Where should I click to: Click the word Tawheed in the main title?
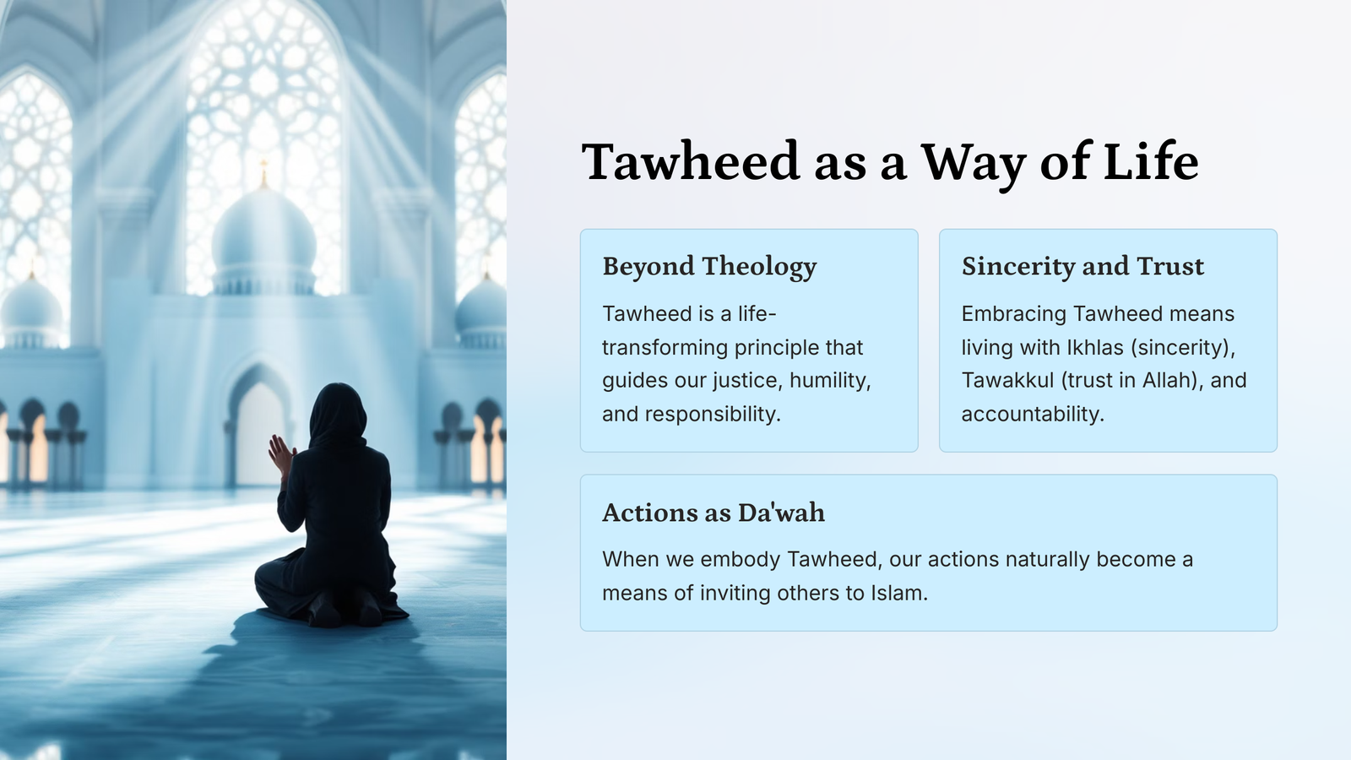[691, 161]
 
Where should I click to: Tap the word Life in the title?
[1151, 161]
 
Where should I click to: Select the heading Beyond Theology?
[709, 267]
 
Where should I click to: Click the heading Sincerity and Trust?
[1082, 266]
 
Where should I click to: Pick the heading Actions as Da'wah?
[713, 512]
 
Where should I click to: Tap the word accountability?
[1033, 415]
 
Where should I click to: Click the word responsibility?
[713, 415]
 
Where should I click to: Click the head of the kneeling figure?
[338, 413]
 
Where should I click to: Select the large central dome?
[263, 242]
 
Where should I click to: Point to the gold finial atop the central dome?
[263, 174]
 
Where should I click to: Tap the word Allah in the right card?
[1169, 380]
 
